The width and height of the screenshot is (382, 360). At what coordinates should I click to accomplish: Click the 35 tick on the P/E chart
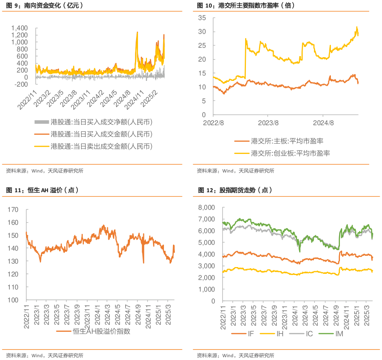click(202, 18)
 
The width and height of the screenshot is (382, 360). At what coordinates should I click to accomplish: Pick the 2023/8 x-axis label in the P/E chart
click(268, 123)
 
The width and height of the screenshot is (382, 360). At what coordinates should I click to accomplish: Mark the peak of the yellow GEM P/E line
click(357, 27)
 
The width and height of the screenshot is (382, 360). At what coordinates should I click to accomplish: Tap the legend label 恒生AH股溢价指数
click(102, 331)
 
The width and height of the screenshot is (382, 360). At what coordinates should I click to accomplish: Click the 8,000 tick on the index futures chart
click(207, 208)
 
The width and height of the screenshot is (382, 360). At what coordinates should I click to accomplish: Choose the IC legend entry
click(309, 334)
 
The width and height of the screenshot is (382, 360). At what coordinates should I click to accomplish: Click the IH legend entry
click(280, 334)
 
